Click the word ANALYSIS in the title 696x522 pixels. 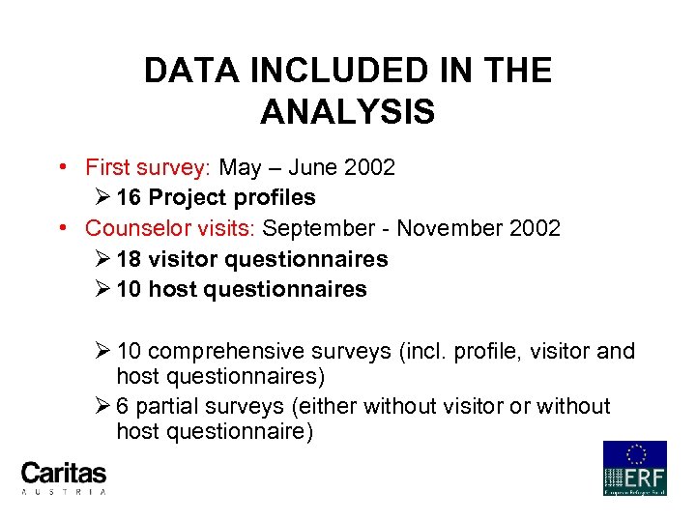pos(347,112)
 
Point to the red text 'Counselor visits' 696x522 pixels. pos(169,228)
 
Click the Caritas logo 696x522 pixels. pos(64,476)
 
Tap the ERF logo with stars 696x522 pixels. pos(634,468)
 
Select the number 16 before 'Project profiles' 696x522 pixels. pos(129,198)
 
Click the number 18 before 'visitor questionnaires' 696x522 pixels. pos(129,259)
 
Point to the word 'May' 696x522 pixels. pos(240,167)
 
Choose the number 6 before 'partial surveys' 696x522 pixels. pos(123,407)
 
